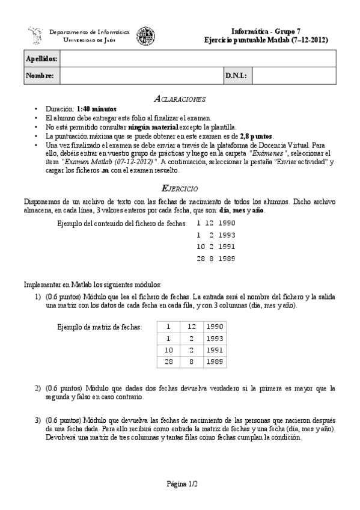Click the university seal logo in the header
145,35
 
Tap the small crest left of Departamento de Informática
35,35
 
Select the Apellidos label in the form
41,59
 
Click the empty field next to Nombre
141,76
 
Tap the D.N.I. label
234,76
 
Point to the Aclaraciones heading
180,98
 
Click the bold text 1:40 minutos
96,109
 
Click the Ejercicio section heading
180,188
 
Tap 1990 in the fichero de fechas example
227,223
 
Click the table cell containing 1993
214,338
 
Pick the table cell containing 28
169,361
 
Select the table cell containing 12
191,326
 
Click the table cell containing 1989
214,361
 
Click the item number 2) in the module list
38,388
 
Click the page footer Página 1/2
180,484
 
